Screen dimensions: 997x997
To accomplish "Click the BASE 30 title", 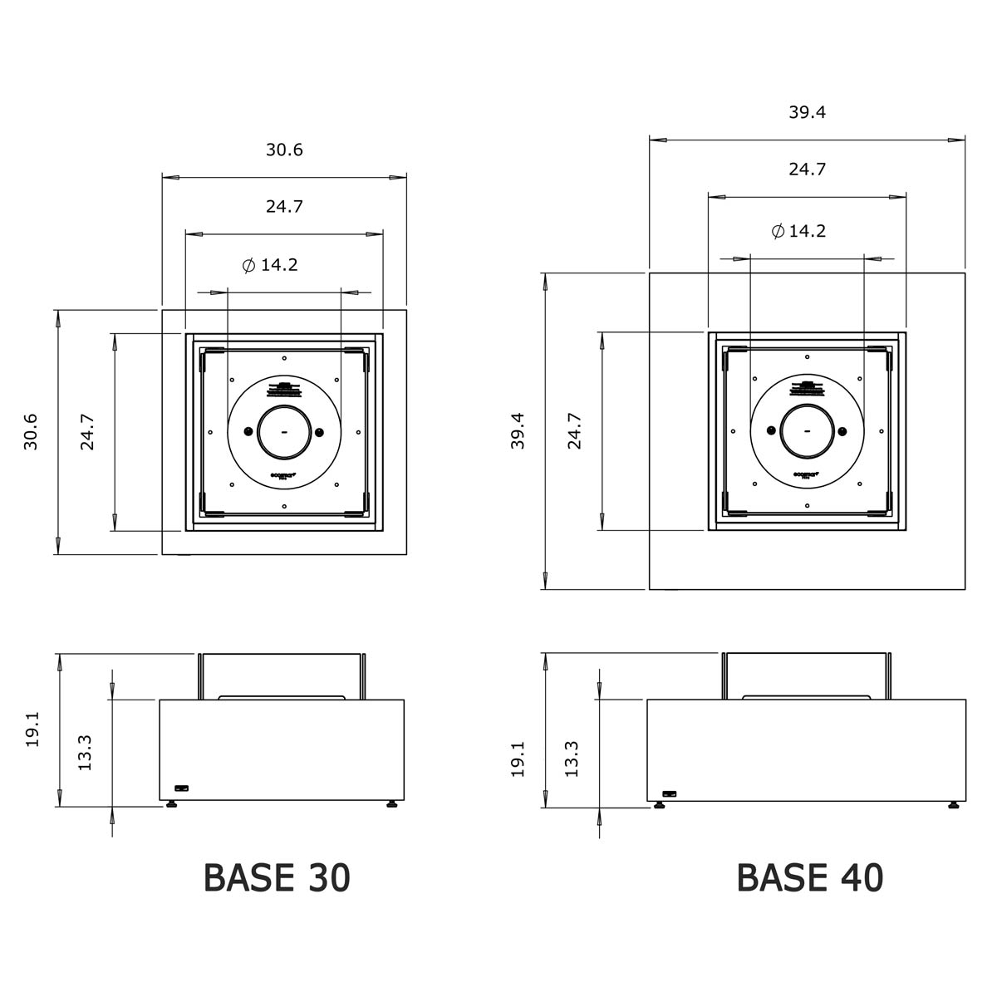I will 277,878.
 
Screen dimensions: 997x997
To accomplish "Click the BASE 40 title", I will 809,878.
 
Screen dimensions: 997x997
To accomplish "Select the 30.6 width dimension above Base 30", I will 284,150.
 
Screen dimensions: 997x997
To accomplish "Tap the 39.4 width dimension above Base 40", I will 807,113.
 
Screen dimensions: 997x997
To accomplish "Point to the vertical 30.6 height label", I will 32,432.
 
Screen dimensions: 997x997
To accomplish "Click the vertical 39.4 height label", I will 518,432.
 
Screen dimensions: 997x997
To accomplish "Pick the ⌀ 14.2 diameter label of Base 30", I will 271,266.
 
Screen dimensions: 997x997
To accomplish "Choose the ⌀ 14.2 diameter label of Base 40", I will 798,231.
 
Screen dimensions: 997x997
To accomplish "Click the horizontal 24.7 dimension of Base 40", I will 807,169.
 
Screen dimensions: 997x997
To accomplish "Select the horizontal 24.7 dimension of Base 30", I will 284,207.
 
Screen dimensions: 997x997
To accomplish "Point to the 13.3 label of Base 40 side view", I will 572,758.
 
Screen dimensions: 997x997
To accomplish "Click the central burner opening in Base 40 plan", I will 807,431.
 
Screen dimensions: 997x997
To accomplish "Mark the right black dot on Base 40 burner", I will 842,431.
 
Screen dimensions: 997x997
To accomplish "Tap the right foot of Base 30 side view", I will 390,804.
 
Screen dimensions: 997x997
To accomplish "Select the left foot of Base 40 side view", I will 660,804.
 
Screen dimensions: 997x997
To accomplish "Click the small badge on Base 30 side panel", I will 181,788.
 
